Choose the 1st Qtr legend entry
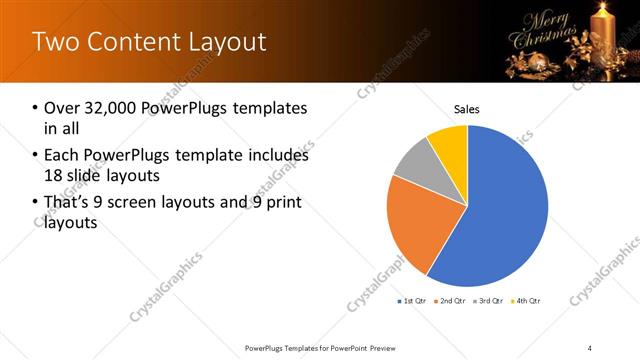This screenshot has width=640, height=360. click(414, 300)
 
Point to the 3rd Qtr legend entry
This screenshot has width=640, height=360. click(489, 300)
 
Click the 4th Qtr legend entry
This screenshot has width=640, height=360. click(527, 300)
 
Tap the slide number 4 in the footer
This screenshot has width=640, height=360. click(590, 347)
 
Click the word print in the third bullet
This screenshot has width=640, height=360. click(283, 203)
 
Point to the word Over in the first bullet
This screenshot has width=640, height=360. click(62, 108)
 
